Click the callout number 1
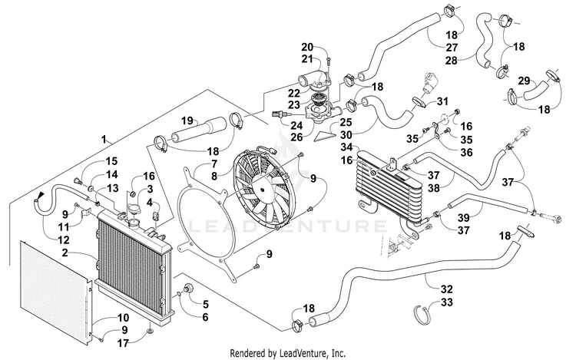(104, 140)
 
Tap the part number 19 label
(187, 121)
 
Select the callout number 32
(447, 289)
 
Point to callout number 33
(447, 302)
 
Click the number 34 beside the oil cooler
(346, 147)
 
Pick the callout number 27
(452, 48)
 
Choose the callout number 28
(452, 60)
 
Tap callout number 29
(525, 81)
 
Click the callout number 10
(123, 318)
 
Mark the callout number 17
(123, 343)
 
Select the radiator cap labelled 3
(134, 211)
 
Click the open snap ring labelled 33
(422, 315)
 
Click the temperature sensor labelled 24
(280, 114)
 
